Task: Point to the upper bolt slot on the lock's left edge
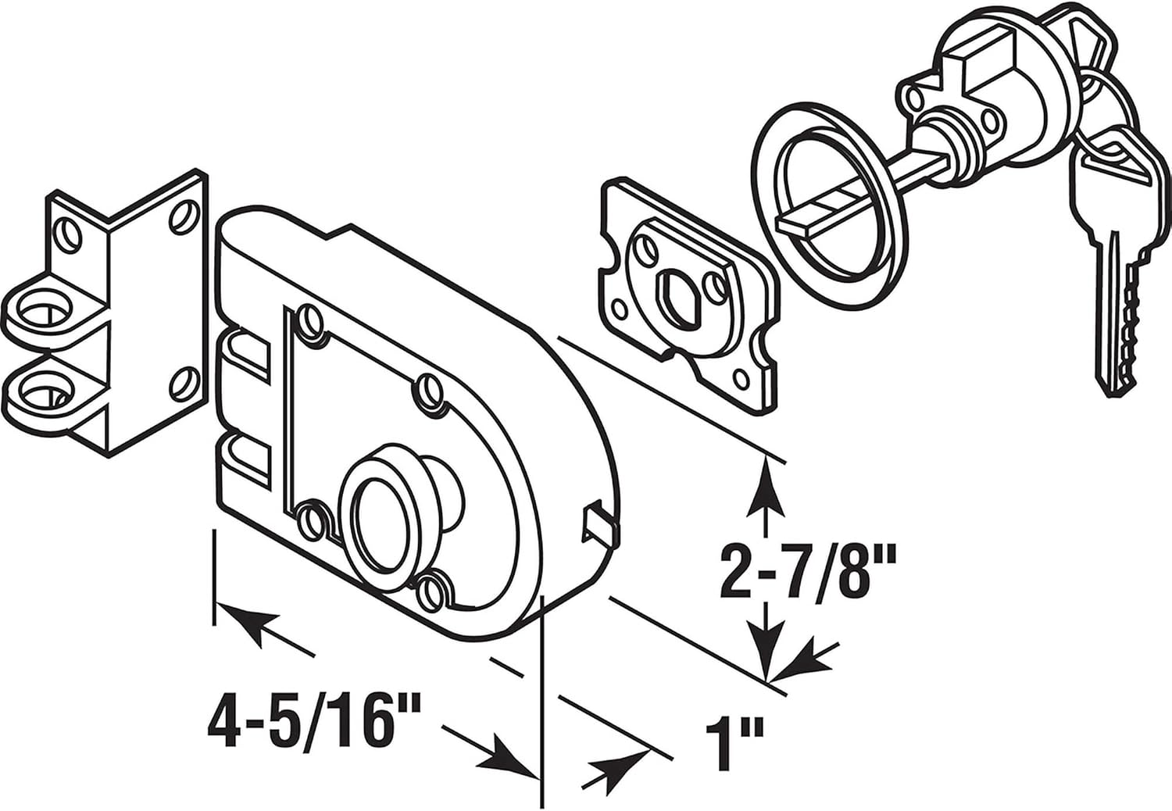pos(246,355)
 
